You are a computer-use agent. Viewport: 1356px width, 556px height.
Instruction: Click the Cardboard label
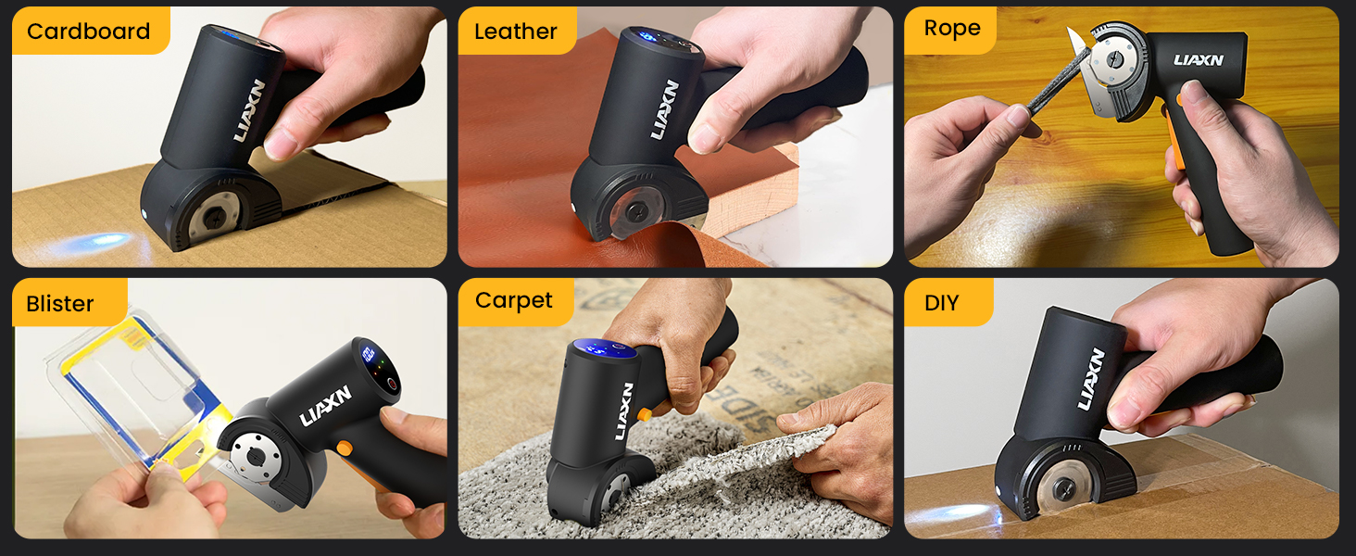coord(89,32)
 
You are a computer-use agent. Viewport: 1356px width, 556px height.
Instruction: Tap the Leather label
coord(516,32)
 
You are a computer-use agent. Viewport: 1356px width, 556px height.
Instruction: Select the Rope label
coord(952,29)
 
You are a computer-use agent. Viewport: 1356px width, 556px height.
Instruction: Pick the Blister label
coord(60,304)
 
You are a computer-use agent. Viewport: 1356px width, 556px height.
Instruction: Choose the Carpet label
coord(514,300)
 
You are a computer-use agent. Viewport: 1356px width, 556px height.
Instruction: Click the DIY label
coord(942,303)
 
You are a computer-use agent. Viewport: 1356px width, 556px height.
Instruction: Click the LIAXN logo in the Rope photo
coord(1199,60)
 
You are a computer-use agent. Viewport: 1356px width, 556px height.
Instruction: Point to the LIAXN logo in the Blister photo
coord(326,407)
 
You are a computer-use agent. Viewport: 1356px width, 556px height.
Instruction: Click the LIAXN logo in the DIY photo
coord(1092,379)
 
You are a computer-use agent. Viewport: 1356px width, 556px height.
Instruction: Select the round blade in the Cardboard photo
coord(211,219)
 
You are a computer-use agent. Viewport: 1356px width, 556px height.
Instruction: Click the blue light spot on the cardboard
coord(96,245)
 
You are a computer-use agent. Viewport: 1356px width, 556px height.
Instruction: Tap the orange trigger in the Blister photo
coord(344,448)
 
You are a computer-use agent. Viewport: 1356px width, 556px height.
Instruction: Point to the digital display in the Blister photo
coord(369,355)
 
